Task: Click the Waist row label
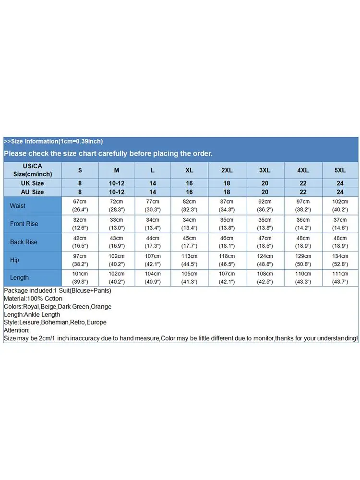[18, 206]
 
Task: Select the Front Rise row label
[24, 224]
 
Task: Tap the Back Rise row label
[24, 242]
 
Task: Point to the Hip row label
[14, 260]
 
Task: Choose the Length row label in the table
[19, 277]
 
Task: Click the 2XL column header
[227, 170]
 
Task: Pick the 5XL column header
[340, 170]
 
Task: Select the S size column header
[80, 170]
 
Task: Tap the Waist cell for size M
[117, 205]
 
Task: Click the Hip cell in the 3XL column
[264, 260]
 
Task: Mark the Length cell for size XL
[190, 277]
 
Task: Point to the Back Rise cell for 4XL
[303, 242]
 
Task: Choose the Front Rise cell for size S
[80, 224]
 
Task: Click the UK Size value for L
[153, 183]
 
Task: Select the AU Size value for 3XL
[264, 192]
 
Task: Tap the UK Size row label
[33, 183]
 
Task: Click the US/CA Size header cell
[33, 170]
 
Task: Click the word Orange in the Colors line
[101, 307]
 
